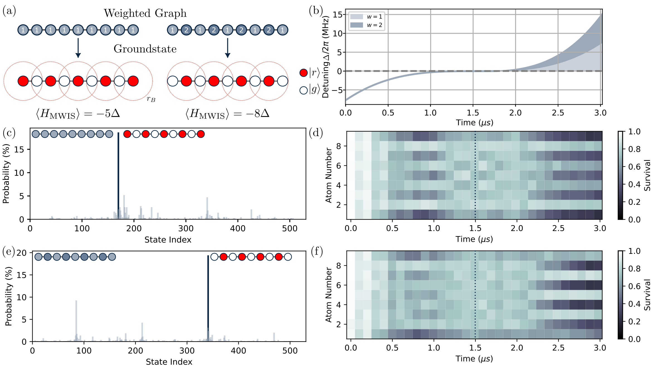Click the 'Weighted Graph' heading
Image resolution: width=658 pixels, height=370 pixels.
(x=145, y=13)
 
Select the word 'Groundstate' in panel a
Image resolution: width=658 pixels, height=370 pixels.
(x=145, y=49)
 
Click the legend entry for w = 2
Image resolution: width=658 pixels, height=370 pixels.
(x=367, y=25)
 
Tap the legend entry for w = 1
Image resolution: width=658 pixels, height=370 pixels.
(x=367, y=17)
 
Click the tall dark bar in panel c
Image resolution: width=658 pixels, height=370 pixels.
(x=118, y=175)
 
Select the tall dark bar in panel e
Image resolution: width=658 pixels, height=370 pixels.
(x=208, y=298)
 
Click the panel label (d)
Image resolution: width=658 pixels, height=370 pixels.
(x=316, y=133)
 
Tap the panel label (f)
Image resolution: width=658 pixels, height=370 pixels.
(x=317, y=252)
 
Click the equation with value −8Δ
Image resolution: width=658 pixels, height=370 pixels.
(x=228, y=114)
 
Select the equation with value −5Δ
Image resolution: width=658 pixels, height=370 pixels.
(x=78, y=114)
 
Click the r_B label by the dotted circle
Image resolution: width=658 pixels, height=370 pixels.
(x=151, y=99)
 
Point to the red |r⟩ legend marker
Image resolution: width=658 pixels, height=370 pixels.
(x=303, y=73)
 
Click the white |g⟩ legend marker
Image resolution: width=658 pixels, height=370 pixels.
(x=303, y=90)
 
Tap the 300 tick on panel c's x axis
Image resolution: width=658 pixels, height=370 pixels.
(x=186, y=229)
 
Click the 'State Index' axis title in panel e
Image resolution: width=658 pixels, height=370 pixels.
(x=169, y=362)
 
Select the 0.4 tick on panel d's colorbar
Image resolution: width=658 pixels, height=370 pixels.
(x=634, y=184)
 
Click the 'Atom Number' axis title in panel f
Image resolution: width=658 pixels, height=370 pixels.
(x=329, y=295)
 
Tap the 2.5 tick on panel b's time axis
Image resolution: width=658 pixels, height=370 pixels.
(x=558, y=113)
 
